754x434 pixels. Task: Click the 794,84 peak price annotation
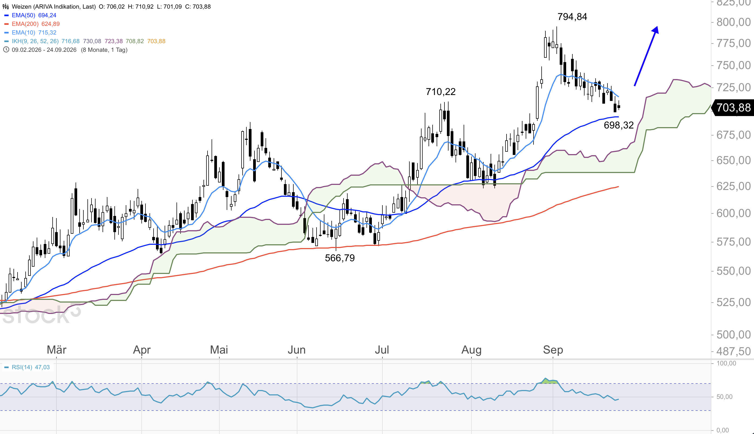(x=572, y=17)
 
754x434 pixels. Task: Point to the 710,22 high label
(x=440, y=92)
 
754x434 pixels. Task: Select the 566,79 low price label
(x=340, y=258)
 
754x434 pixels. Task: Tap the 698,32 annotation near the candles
(x=619, y=125)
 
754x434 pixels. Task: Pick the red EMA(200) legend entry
(x=32, y=24)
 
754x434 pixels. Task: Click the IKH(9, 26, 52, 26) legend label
(x=35, y=41)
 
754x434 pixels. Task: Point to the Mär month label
(x=57, y=350)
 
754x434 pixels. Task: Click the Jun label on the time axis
(x=297, y=350)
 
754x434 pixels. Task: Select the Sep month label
(x=553, y=350)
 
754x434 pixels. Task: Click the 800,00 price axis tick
(x=733, y=22)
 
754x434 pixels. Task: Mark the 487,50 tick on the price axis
(x=733, y=351)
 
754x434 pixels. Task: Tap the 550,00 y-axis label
(x=733, y=271)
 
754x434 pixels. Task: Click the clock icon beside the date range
(x=6, y=50)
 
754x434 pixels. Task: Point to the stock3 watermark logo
(x=41, y=314)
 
